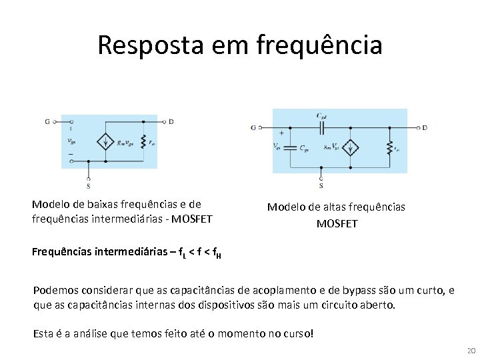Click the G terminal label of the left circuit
47,122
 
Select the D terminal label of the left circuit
171,122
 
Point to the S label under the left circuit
89,186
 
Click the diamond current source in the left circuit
105,141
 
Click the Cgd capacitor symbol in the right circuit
321,127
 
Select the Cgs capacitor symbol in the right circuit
291,148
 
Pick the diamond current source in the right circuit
350,148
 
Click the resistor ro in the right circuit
389,148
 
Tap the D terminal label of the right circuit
425,127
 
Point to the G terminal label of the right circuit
253,127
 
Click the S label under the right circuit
321,186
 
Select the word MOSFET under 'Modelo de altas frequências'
337,224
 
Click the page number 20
471,351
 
